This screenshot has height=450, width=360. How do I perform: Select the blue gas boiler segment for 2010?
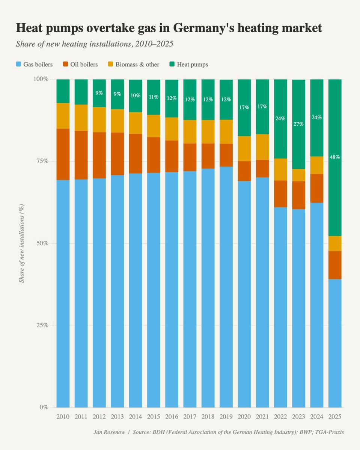click(63, 292)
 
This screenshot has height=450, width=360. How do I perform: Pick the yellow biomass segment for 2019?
click(226, 132)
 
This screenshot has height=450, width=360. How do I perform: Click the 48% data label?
click(335, 157)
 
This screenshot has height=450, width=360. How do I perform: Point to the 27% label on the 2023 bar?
click(298, 124)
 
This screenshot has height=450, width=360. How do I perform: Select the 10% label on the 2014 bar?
click(136, 96)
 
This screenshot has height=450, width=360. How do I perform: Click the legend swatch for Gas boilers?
click(18, 64)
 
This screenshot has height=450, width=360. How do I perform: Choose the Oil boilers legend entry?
click(81, 64)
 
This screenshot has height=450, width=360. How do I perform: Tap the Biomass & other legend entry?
click(136, 64)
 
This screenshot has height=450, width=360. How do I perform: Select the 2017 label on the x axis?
click(190, 417)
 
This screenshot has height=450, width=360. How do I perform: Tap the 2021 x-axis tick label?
click(262, 417)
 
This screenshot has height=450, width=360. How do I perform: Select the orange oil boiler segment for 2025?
click(335, 265)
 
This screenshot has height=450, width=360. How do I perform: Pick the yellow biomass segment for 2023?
click(298, 175)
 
